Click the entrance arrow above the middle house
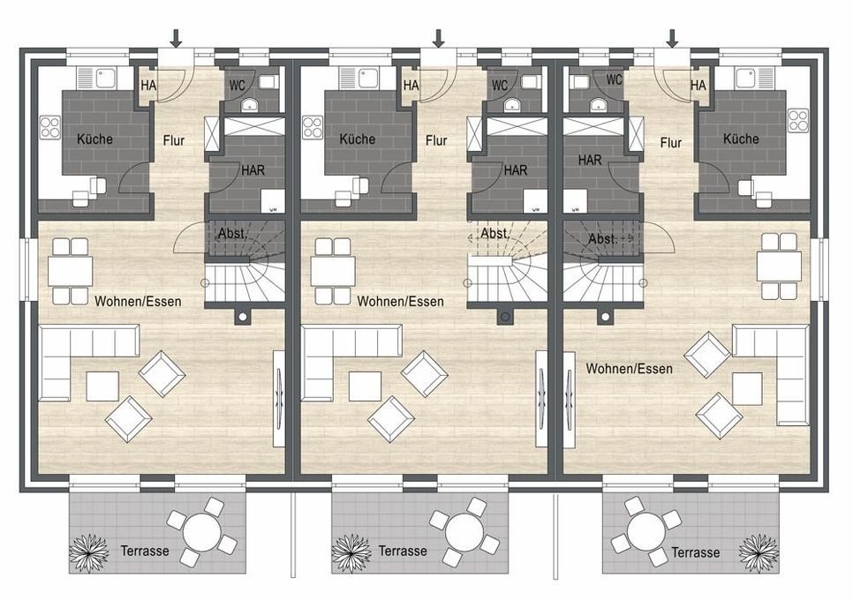pyautogui.click(x=439, y=38)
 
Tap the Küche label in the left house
pyautogui.click(x=94, y=139)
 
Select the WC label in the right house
pyautogui.click(x=615, y=79)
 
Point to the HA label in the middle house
pyautogui.click(x=411, y=86)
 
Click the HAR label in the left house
pyautogui.click(x=253, y=170)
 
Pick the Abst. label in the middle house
pyautogui.click(x=494, y=234)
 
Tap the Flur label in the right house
pyautogui.click(x=671, y=143)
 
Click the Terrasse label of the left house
pyautogui.click(x=145, y=551)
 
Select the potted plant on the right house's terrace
pyautogui.click(x=759, y=552)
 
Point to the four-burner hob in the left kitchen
pyautogui.click(x=50, y=128)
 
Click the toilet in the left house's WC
pyautogui.click(x=268, y=81)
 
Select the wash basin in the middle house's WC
pyautogui.click(x=511, y=104)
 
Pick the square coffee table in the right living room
pyautogui.click(x=747, y=388)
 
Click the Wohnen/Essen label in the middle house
pyautogui.click(x=400, y=301)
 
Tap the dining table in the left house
pyautogui.click(x=70, y=271)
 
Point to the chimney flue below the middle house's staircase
pyautogui.click(x=505, y=316)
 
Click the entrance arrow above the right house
pyautogui.click(x=672, y=38)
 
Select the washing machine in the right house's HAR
pyautogui.click(x=574, y=201)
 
